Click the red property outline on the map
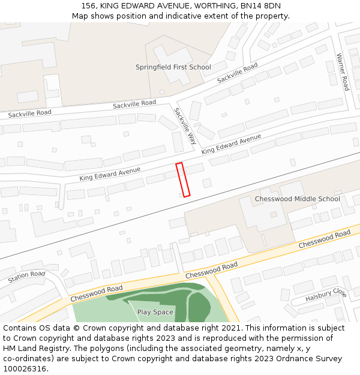[183, 179]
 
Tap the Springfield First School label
[173, 67]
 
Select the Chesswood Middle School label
[297, 199]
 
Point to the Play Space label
[155, 312]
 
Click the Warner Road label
[343, 72]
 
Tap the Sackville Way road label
[185, 126]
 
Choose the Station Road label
[26, 277]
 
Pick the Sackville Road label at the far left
[29, 113]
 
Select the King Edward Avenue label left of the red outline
[110, 174]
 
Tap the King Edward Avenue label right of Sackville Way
[231, 145]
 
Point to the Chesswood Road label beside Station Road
[97, 293]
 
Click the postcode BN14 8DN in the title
[260, 6]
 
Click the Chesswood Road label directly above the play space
[211, 269]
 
